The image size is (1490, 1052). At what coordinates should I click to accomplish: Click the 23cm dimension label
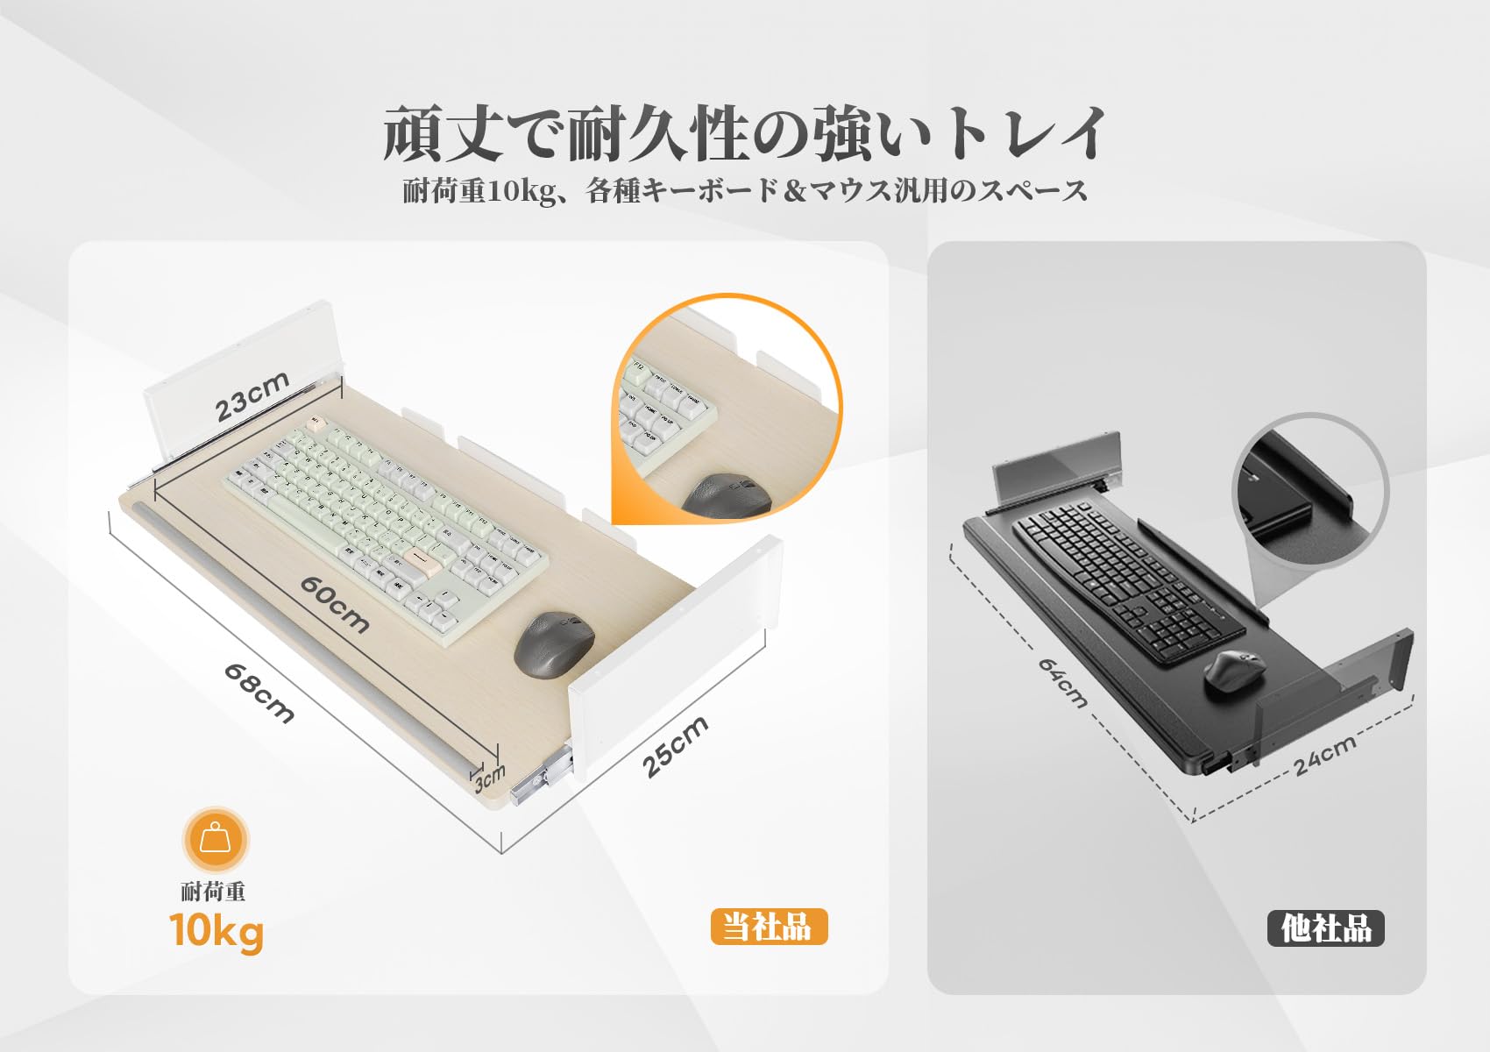(252, 396)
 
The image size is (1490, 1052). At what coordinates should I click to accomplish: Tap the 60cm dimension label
(334, 604)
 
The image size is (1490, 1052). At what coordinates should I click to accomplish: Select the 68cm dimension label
(259, 693)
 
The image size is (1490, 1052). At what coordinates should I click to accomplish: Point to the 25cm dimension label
(674, 747)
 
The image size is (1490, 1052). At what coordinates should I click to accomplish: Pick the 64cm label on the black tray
(1062, 683)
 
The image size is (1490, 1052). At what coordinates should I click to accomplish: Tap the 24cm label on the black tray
(1324, 755)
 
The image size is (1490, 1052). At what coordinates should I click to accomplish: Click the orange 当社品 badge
(769, 927)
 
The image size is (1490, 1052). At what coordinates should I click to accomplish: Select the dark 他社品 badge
(1325, 928)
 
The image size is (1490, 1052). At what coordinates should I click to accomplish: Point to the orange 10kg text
(216, 930)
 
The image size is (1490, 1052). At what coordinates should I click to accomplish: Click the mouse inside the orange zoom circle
(726, 496)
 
